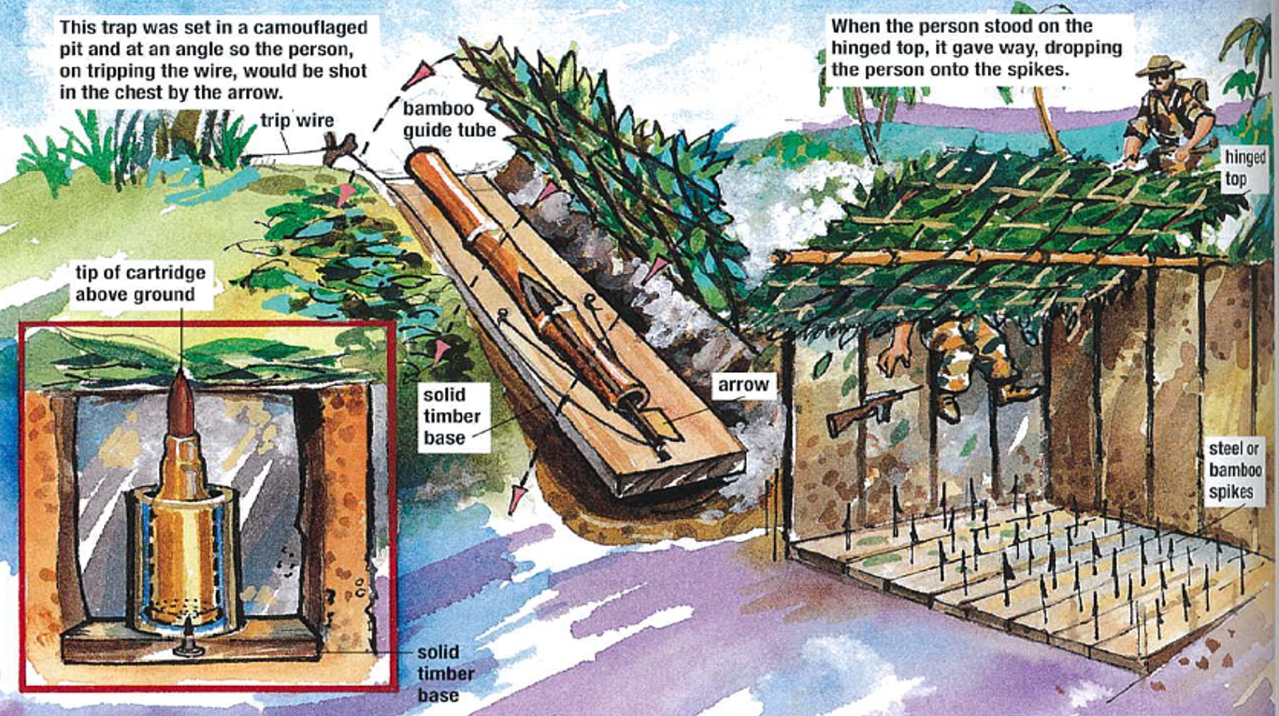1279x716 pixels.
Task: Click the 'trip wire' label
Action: coord(297,121)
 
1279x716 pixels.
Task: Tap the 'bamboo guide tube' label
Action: coord(450,120)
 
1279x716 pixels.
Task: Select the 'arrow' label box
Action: coord(743,385)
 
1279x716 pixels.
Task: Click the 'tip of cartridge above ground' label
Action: coord(140,283)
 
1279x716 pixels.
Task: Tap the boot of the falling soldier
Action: coord(948,405)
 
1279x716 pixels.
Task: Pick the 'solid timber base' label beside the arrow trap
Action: coord(453,416)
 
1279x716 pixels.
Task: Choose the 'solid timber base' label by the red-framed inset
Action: coord(445,674)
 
